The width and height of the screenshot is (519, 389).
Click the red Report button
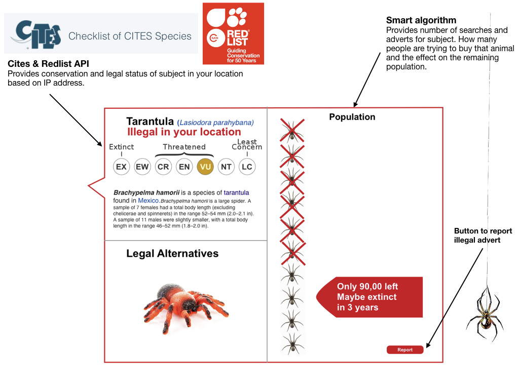coord(404,350)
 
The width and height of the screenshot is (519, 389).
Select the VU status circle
coord(205,167)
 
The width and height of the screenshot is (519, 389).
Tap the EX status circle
coord(122,167)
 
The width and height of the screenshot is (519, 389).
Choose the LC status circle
coord(247,167)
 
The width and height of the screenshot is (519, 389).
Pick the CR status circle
coord(163,167)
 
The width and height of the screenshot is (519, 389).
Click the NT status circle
coord(226,167)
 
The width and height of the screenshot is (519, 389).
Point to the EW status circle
coord(142,167)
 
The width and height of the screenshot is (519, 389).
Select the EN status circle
coord(184,167)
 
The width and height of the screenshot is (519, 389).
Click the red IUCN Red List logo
coord(233,33)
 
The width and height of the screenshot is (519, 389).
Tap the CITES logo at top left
coord(35,34)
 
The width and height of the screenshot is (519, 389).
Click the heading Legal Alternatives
coord(172,254)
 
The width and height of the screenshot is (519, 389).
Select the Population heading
coord(352,117)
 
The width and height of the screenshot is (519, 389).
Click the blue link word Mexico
coord(149,201)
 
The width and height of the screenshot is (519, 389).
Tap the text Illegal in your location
coord(184,132)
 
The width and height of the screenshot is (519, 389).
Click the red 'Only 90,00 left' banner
coord(370,297)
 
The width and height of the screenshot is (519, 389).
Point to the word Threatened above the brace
coord(184,147)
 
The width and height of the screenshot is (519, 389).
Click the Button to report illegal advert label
coord(483,236)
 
